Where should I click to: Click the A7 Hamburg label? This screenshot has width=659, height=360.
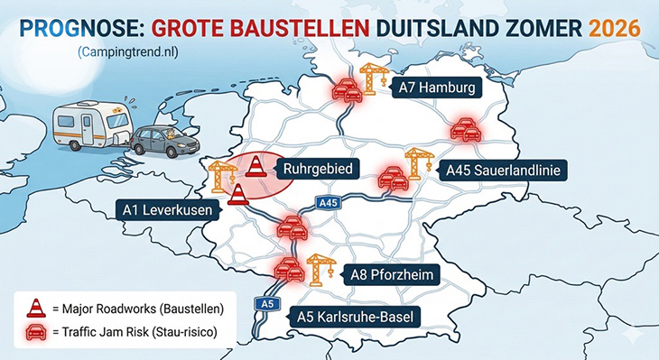[438, 88]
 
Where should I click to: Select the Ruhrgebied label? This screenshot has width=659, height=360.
[317, 168]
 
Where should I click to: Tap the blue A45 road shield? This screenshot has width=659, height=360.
[329, 204]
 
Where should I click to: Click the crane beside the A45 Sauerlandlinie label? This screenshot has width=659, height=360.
[416, 162]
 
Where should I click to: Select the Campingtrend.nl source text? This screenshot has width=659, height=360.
[128, 55]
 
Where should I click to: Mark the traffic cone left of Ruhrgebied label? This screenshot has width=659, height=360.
[256, 167]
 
